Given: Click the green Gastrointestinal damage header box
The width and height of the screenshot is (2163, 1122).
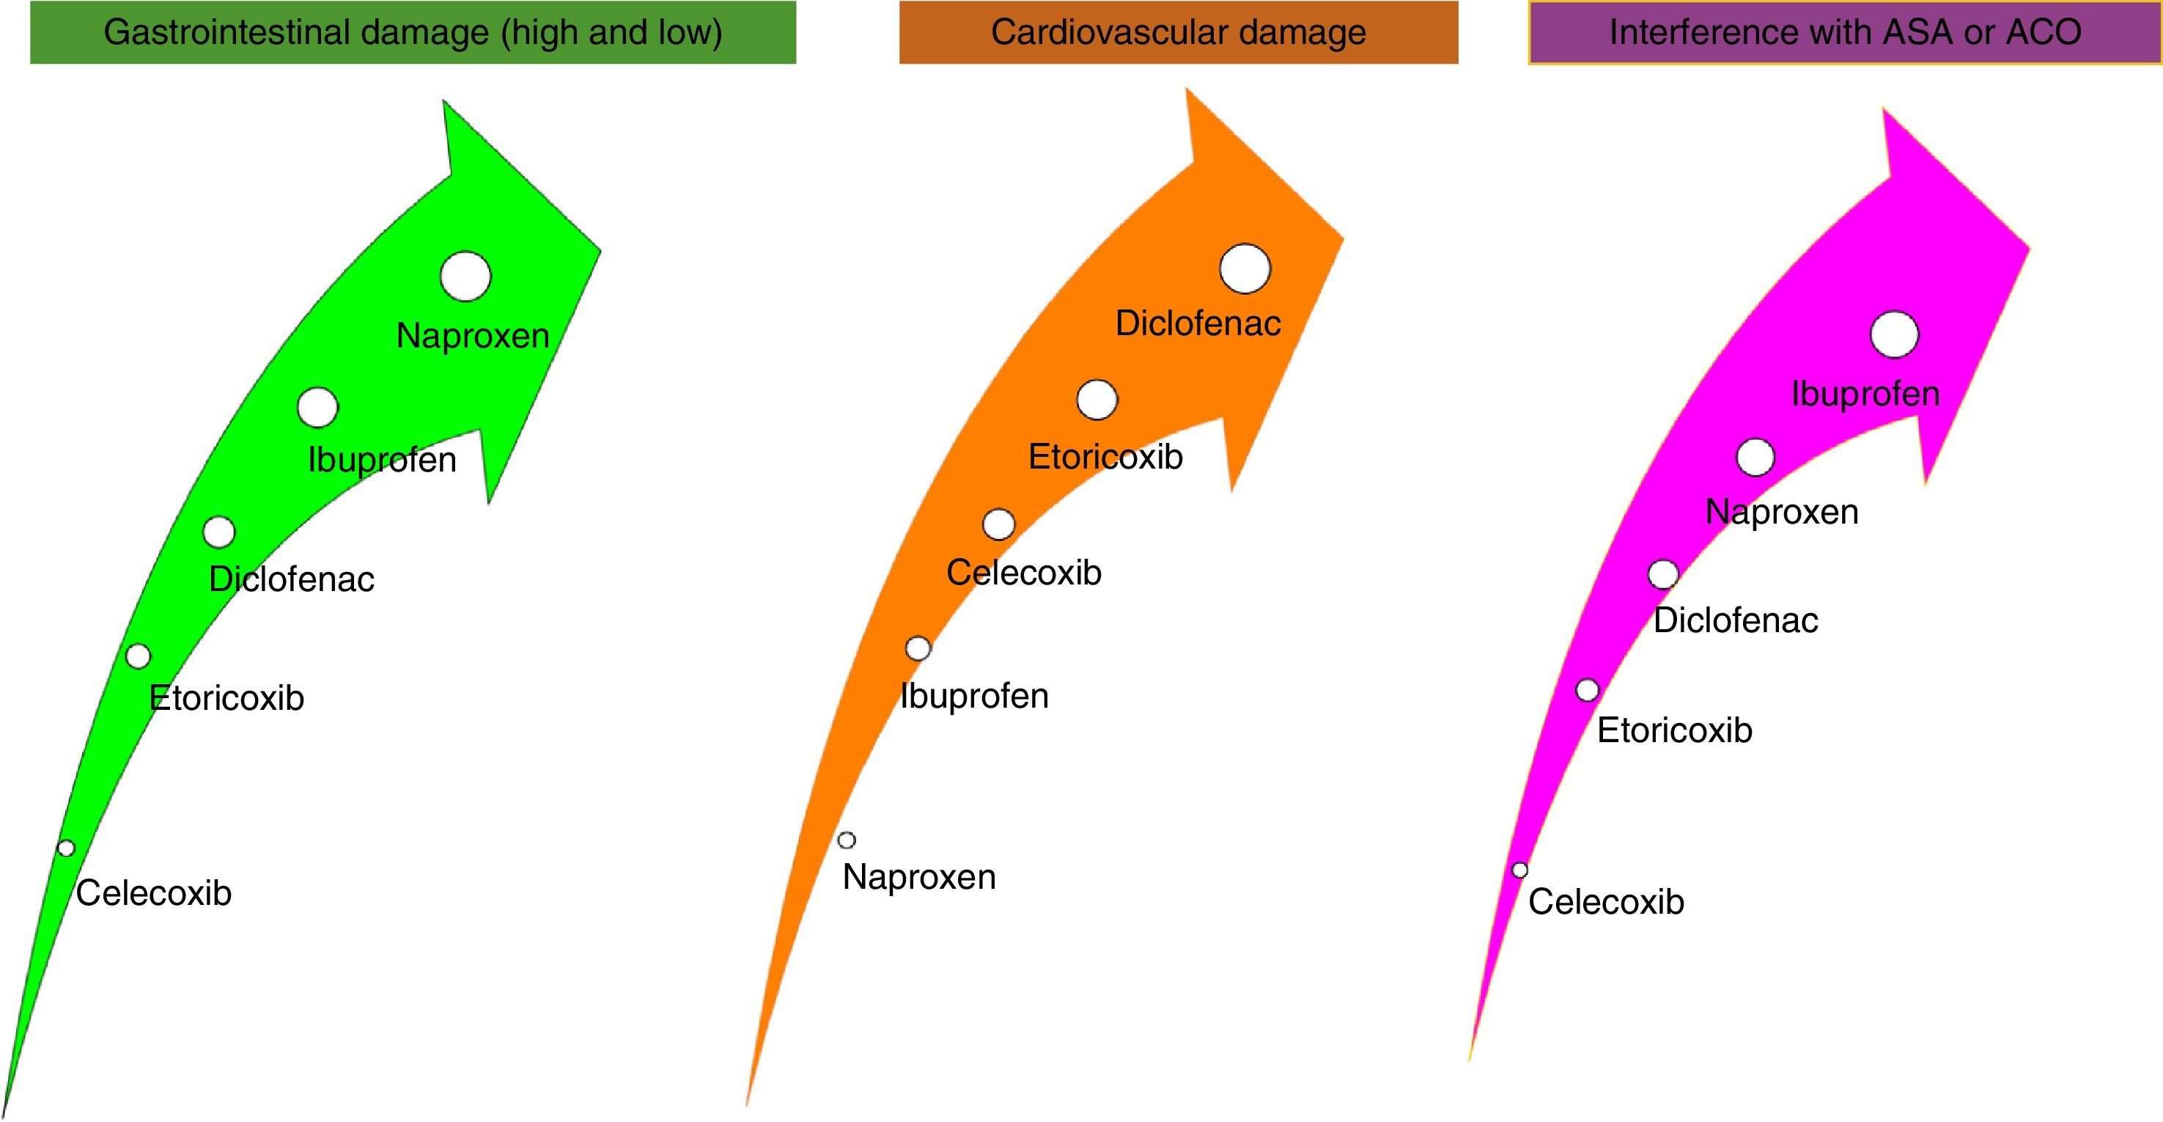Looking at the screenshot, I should [412, 33].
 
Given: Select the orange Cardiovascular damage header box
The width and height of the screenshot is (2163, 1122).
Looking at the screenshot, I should [1178, 33].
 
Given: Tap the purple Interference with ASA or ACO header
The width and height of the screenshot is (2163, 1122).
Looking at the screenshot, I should [1845, 33].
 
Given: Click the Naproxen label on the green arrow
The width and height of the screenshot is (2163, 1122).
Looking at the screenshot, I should [473, 336].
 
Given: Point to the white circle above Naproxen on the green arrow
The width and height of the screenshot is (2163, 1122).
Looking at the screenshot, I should [465, 276].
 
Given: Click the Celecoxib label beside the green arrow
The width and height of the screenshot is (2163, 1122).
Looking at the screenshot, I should [154, 892].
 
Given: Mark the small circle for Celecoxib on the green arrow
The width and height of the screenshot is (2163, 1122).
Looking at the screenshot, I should [65, 848].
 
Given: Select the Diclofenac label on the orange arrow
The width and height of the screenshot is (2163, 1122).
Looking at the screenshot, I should [1198, 323].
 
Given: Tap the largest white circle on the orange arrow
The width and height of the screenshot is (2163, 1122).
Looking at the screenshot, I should [1245, 268].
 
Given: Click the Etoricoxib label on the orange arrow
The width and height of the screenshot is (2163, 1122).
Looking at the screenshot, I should [1105, 457].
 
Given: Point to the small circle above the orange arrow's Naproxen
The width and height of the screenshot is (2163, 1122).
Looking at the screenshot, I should [847, 840].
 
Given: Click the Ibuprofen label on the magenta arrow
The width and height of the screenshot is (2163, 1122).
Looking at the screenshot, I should [1865, 394].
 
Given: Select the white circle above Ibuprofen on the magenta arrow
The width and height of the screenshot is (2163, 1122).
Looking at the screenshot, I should [1894, 334].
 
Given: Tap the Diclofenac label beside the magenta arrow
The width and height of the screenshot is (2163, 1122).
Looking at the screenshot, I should [1736, 620].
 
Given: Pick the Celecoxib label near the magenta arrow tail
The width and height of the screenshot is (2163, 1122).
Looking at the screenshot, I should [1605, 902].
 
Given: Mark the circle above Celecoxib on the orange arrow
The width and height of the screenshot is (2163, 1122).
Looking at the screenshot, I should [998, 524].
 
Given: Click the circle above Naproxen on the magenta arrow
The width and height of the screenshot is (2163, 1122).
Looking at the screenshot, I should [1755, 458].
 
